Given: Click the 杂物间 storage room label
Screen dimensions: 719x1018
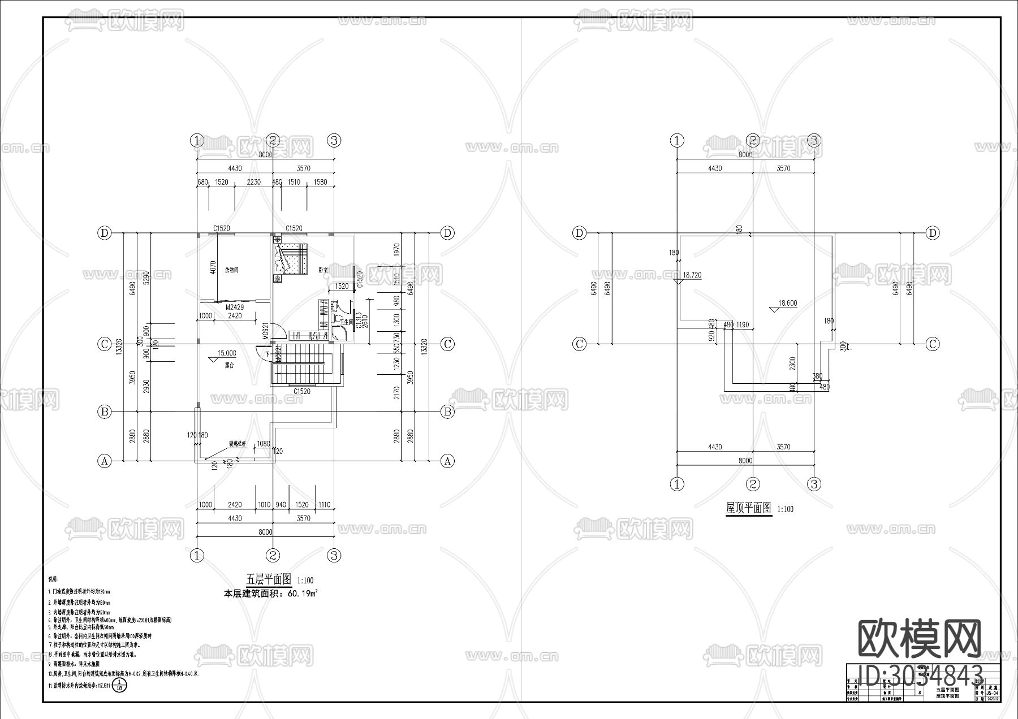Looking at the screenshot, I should click(x=231, y=270).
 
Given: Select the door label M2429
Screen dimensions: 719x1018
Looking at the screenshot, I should click(x=234, y=307).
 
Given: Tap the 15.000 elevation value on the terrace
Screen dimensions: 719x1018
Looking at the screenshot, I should click(x=227, y=353).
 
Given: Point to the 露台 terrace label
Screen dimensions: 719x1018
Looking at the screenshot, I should click(x=229, y=366).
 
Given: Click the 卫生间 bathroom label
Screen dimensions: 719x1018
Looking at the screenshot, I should click(x=346, y=321).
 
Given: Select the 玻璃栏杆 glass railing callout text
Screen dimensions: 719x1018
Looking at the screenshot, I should click(x=238, y=444).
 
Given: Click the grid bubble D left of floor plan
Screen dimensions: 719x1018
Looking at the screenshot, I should click(x=104, y=233).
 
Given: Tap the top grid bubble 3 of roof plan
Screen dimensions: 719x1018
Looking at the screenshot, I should click(x=814, y=140).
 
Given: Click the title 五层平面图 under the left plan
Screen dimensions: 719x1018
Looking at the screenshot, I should click(x=269, y=579).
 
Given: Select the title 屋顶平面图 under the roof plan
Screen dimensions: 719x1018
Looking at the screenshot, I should click(x=748, y=508).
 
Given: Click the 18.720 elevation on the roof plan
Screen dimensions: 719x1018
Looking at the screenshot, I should click(x=692, y=275).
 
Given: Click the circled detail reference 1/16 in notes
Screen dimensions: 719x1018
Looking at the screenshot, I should click(x=119, y=686).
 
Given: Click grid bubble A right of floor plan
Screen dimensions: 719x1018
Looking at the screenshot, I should click(x=447, y=461).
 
